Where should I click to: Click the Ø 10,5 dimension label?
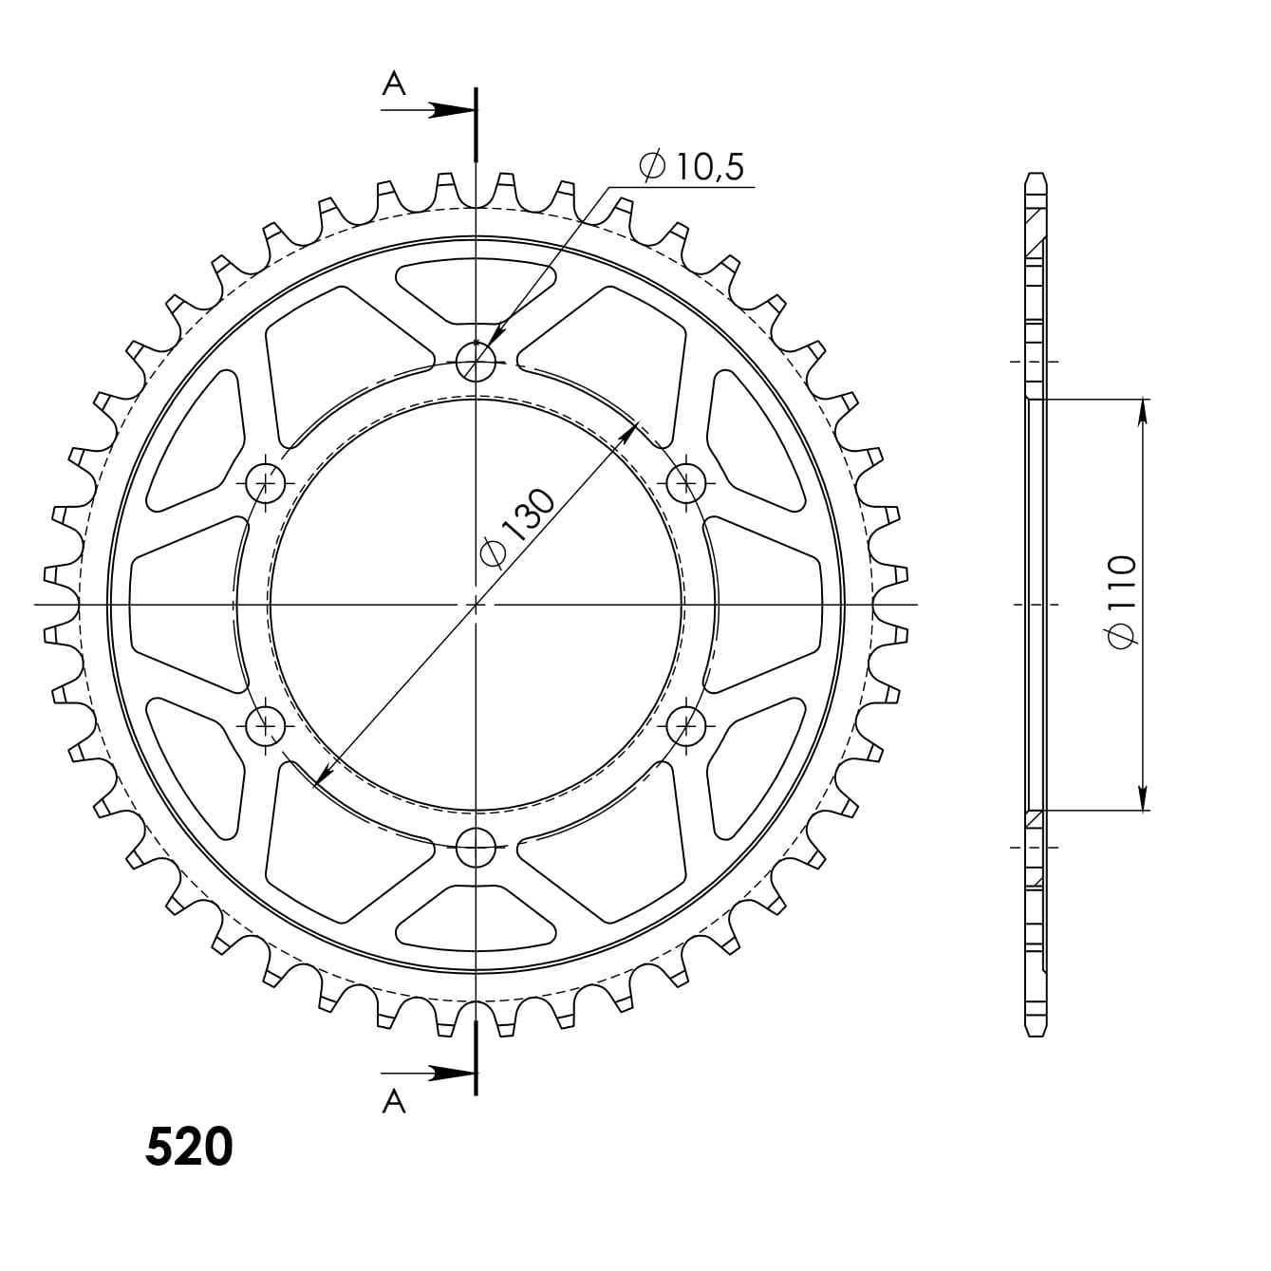pyautogui.click(x=691, y=167)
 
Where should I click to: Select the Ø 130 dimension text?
pyautogui.click(x=517, y=528)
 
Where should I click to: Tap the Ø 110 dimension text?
pyautogui.click(x=1122, y=602)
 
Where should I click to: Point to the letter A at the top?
pyautogui.click(x=394, y=84)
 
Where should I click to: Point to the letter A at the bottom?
pyautogui.click(x=394, y=1101)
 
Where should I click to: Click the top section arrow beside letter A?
pyautogui.click(x=427, y=110)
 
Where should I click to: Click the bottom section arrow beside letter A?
pyautogui.click(x=427, y=1074)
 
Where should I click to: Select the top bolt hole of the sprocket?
pyautogui.click(x=476, y=362)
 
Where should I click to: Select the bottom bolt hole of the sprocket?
pyautogui.click(x=476, y=847)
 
